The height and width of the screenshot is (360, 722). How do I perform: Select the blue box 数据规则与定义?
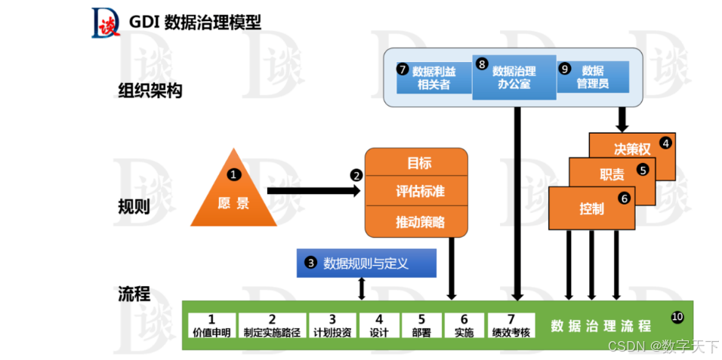[367, 263]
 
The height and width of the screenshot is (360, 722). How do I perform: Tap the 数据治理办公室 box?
[514, 77]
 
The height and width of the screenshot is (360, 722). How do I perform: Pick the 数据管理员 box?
[593, 76]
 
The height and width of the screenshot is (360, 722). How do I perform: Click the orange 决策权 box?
[631, 149]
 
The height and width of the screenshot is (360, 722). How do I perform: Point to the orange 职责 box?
[612, 175]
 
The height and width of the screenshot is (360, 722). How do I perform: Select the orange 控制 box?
[591, 209]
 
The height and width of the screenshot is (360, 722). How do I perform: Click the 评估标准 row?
[420, 191]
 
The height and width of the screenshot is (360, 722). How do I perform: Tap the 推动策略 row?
[420, 222]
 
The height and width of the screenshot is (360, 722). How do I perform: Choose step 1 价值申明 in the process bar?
[211, 325]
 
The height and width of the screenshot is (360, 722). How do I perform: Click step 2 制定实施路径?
[272, 325]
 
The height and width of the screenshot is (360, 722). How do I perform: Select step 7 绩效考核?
[511, 325]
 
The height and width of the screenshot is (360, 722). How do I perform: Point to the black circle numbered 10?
[677, 316]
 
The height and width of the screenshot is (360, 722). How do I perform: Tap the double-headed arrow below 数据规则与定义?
[362, 288]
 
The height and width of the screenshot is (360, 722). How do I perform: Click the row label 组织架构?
[150, 91]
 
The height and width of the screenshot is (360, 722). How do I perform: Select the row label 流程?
[134, 294]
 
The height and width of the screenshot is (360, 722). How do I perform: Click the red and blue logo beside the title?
[104, 23]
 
